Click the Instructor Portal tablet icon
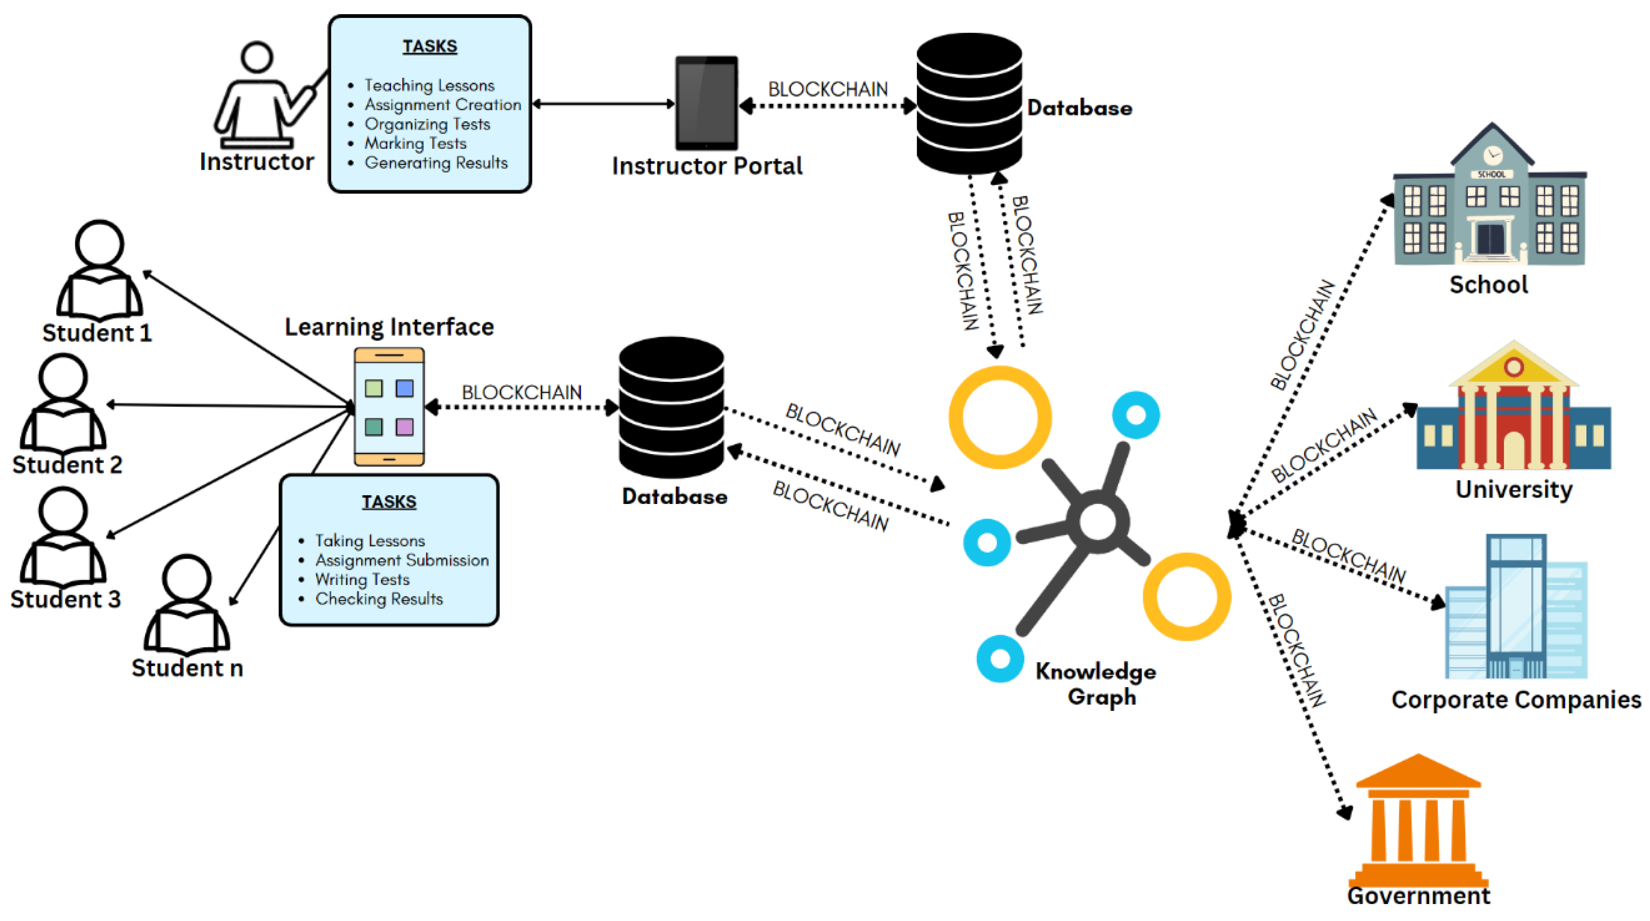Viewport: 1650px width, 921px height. tap(706, 103)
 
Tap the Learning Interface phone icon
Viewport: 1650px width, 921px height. tap(389, 406)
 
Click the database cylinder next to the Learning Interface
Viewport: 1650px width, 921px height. tap(671, 407)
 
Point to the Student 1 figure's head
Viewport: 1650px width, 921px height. tap(99, 244)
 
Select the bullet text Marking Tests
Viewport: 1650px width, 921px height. tap(415, 143)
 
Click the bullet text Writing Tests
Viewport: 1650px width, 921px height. tap(362, 580)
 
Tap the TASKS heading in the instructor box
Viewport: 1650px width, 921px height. tap(429, 46)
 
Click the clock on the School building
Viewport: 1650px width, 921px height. tap(1493, 154)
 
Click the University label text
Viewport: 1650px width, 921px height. tap(1514, 490)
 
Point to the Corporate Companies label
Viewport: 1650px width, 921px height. tap(1515, 700)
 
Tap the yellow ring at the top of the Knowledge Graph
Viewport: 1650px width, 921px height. tap(999, 417)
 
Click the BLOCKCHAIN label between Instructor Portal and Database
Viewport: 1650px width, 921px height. tap(828, 89)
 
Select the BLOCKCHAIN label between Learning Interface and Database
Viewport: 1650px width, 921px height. tap(521, 392)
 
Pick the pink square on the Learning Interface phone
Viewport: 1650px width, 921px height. tap(404, 427)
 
